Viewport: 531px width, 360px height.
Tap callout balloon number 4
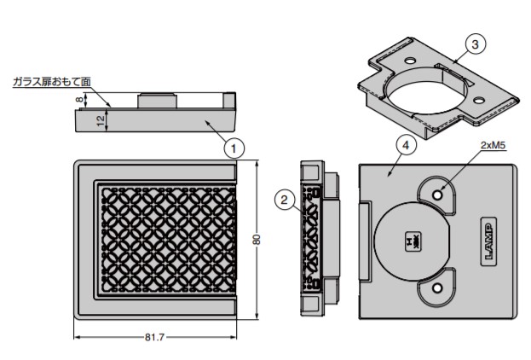point(407,145)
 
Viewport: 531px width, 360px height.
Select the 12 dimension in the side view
point(101,120)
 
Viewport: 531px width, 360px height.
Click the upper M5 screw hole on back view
point(438,195)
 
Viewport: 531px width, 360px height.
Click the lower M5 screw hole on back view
point(438,289)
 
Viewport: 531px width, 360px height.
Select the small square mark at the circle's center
point(412,242)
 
